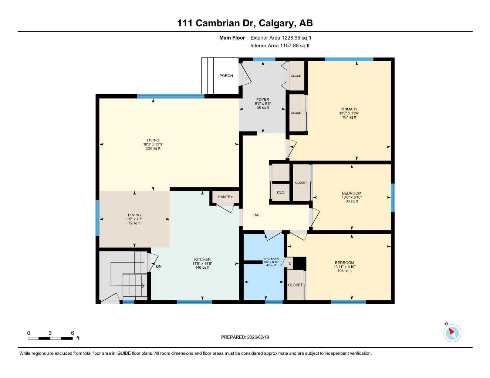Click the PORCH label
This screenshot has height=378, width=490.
tap(226, 76)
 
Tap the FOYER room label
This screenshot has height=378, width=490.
tap(263, 100)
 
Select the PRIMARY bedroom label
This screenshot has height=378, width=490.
tap(349, 109)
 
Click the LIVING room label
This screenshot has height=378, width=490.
tap(153, 140)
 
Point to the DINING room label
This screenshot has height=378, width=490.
tap(134, 215)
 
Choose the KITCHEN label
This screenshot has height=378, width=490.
tap(202, 260)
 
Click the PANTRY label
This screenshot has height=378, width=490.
tap(225, 197)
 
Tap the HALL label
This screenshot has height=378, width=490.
tap(258, 215)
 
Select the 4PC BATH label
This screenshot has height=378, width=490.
tap(271, 259)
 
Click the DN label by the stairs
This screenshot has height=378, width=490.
tap(159, 267)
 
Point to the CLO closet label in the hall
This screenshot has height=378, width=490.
tap(281, 192)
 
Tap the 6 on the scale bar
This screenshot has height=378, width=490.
tap(72, 333)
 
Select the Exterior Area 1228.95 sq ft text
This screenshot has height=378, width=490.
tap(281, 38)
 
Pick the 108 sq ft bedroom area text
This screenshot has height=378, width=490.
tap(344, 271)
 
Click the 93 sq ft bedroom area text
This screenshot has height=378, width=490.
tap(351, 202)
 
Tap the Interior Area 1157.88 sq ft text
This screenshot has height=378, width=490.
tap(280, 46)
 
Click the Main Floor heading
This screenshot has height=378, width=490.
tap(232, 38)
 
